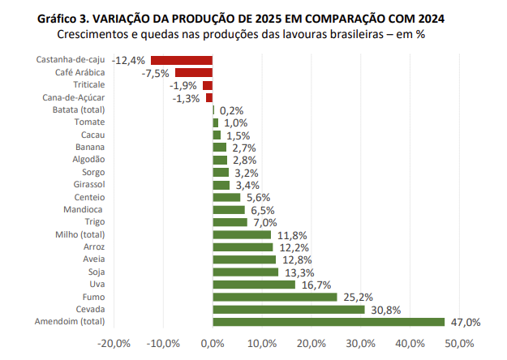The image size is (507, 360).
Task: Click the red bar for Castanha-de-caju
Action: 182,60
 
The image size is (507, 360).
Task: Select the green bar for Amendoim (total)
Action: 329,322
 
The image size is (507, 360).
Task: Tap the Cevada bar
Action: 288,310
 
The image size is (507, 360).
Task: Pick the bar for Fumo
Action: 274,297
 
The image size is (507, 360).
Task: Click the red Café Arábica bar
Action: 194,73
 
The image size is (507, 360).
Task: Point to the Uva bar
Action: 253,285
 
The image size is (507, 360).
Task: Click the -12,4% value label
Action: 129,60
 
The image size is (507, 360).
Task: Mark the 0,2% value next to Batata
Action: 231,110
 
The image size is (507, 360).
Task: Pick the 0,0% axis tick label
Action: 212,344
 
